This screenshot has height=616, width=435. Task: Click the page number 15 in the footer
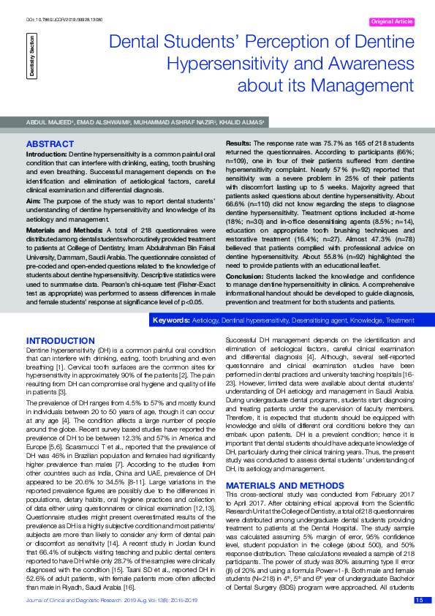(418, 601)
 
